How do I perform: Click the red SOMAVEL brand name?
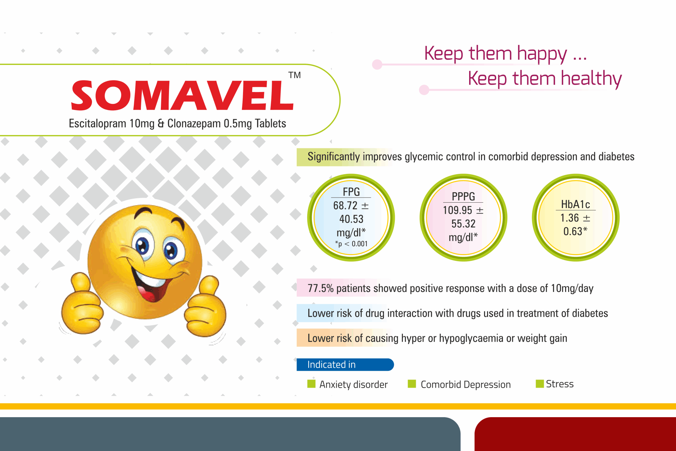click(183, 95)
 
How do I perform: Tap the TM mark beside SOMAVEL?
click(294, 75)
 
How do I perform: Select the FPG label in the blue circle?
click(351, 192)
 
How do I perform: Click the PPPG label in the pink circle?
click(463, 196)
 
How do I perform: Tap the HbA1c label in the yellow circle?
click(576, 204)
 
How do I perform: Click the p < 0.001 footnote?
click(351, 244)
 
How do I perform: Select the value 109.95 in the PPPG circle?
click(457, 210)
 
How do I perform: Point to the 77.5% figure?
click(320, 288)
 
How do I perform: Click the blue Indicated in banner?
click(345, 364)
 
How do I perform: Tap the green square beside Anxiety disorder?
click(311, 384)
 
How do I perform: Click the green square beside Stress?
click(540, 384)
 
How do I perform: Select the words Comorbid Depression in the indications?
click(465, 384)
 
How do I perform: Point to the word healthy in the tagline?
click(591, 79)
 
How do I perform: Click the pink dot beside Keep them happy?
click(377, 64)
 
